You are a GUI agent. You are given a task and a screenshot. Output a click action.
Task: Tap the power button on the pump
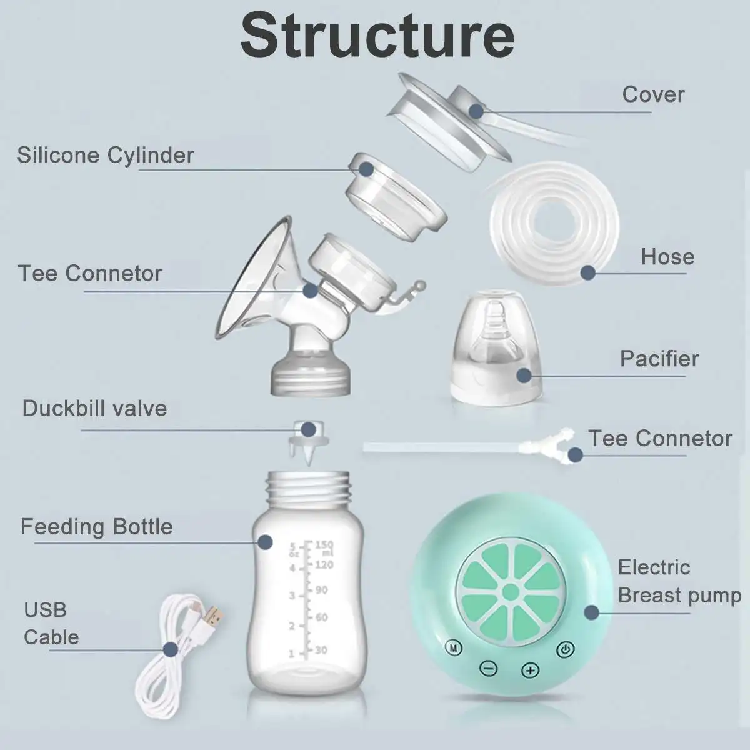pyautogui.click(x=566, y=649)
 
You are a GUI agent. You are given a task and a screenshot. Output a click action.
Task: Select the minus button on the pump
pyautogui.click(x=489, y=669)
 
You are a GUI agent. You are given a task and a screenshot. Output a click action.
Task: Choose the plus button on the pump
pyautogui.click(x=530, y=671)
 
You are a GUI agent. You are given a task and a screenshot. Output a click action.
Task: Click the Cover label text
pyautogui.click(x=653, y=94)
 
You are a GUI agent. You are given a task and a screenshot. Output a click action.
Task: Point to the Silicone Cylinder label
pyautogui.click(x=106, y=155)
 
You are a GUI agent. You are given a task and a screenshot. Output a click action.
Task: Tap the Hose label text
pyautogui.click(x=667, y=257)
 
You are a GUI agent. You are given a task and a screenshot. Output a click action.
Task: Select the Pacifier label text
pyautogui.click(x=659, y=359)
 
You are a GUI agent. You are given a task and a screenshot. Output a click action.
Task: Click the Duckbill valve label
pyautogui.click(x=95, y=409)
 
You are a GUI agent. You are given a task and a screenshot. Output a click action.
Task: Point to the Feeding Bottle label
pyautogui.click(x=97, y=527)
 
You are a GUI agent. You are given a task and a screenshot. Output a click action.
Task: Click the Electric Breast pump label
pyautogui.click(x=679, y=581)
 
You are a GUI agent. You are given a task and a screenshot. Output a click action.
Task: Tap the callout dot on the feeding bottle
pyautogui.click(x=266, y=542)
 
